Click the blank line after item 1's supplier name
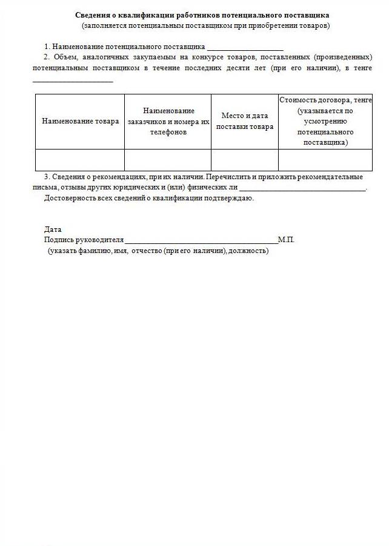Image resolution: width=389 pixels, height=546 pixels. pyautogui.click(x=245, y=47)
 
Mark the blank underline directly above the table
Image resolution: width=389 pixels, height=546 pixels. pyautogui.click(x=73, y=80)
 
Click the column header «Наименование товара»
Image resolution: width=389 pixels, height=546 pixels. pyautogui.click(x=80, y=121)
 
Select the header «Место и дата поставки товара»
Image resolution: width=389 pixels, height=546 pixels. pyautogui.click(x=244, y=121)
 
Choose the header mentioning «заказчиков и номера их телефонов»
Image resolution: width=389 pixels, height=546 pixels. pyautogui.click(x=168, y=121)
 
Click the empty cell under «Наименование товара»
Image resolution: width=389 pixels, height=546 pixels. pyautogui.click(x=80, y=160)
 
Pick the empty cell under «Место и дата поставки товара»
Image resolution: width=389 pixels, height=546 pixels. pyautogui.click(x=244, y=160)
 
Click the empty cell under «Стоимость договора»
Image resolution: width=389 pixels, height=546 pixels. pyautogui.click(x=325, y=160)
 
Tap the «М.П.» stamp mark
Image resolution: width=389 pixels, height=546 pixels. pyautogui.click(x=286, y=240)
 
